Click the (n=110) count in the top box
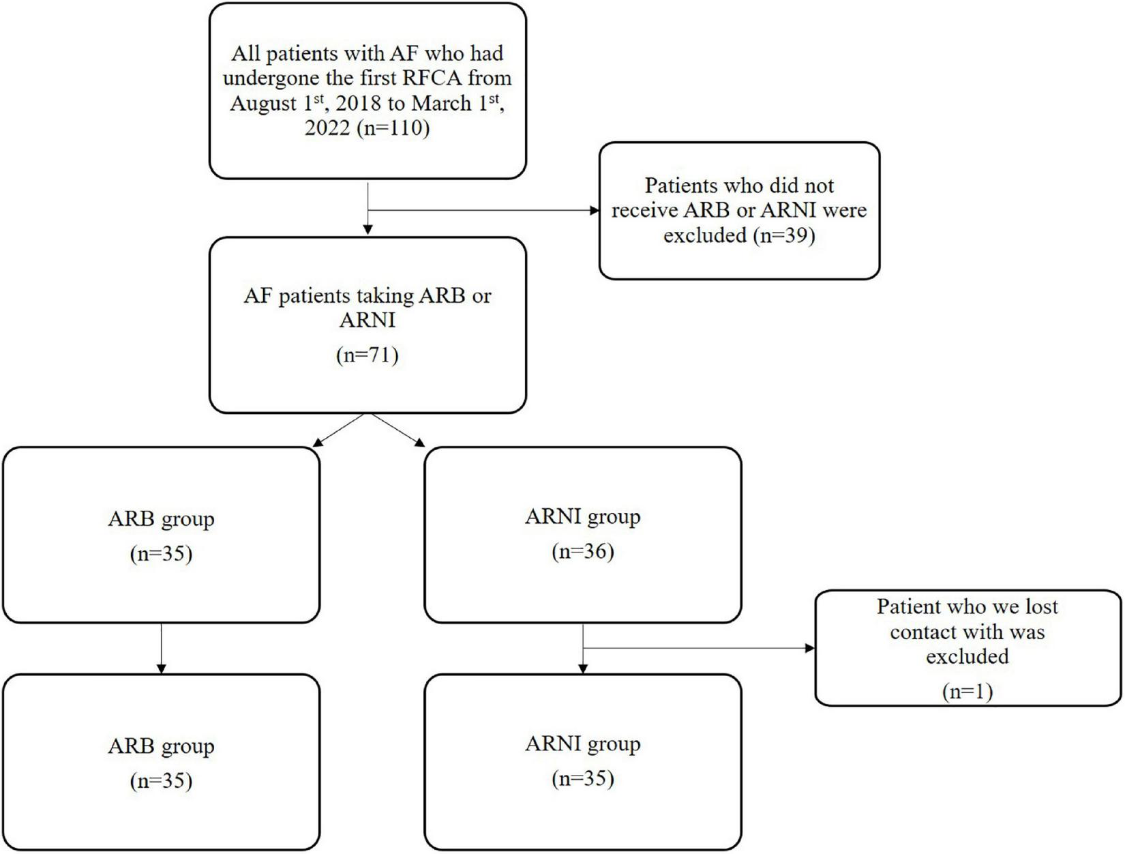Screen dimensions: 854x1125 [393, 128]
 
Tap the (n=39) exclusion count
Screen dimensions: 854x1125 [784, 235]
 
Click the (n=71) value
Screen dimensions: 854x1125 [367, 355]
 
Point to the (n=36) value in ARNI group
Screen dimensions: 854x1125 [582, 551]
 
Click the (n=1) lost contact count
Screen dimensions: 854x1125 [967, 692]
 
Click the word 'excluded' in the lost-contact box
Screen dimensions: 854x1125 [967, 657]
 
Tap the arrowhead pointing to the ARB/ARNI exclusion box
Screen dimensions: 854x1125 [595, 211]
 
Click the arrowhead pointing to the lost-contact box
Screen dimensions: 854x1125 [810, 648]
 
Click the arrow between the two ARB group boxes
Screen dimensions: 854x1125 [161, 648]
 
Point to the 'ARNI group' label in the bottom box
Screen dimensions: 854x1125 [582, 743]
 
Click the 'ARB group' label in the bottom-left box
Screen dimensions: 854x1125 [161, 746]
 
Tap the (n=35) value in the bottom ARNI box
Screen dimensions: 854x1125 [582, 778]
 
